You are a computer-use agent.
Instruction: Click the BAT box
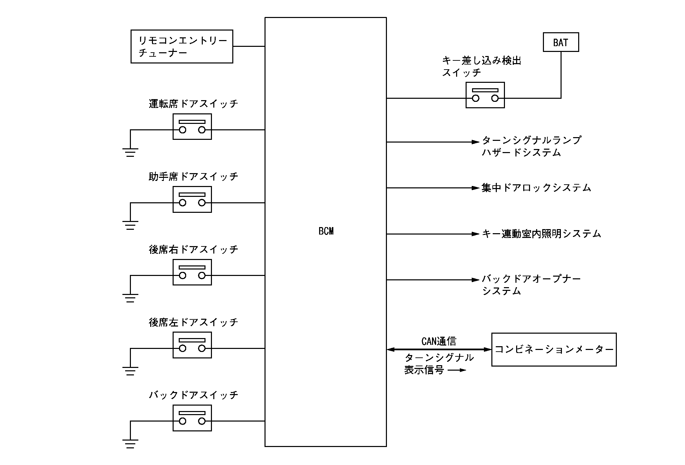tap(561, 42)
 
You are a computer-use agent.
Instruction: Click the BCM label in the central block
tap(326, 231)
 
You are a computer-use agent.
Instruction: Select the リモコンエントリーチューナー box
tap(182, 46)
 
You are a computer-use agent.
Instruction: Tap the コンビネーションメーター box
tap(554, 349)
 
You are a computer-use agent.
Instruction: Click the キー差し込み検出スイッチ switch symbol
tap(485, 95)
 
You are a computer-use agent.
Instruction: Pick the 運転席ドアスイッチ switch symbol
tap(192, 127)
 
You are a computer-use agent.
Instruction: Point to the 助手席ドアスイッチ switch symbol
tap(192, 200)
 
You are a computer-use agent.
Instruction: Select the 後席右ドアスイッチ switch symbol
tap(192, 272)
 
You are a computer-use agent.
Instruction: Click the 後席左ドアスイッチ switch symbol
tap(192, 345)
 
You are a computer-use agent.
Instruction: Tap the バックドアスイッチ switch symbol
tap(192, 418)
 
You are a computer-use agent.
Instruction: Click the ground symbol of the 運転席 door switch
tap(130, 152)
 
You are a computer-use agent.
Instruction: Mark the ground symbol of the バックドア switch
tap(130, 444)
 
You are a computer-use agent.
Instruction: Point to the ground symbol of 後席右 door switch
tap(130, 298)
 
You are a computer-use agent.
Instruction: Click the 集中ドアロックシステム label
tap(536, 188)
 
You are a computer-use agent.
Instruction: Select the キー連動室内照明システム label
tap(541, 234)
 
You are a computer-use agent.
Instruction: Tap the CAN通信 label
tap(439, 341)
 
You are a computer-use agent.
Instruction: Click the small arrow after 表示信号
tap(457, 370)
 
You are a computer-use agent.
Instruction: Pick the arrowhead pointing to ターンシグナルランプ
tap(475, 142)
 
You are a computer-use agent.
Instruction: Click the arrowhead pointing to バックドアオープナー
tap(475, 280)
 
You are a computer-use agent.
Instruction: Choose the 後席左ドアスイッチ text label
tap(193, 322)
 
